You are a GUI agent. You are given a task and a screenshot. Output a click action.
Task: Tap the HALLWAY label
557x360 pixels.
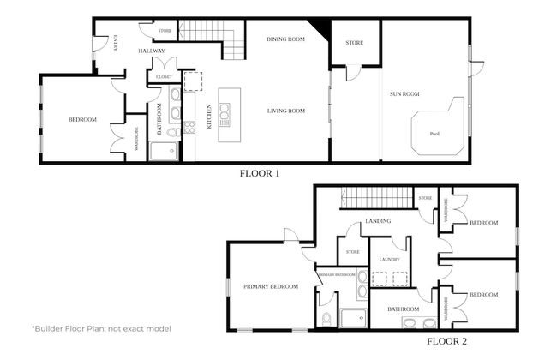(x=152, y=51)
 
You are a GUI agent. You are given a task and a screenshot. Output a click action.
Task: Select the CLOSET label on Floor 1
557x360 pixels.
(x=164, y=77)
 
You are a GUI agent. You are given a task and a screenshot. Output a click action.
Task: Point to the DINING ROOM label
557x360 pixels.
(x=286, y=39)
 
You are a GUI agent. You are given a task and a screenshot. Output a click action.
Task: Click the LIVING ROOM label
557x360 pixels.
(x=286, y=111)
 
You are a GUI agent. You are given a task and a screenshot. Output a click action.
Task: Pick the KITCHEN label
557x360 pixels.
(x=209, y=117)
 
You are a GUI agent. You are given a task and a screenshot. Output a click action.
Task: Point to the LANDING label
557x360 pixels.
(x=378, y=221)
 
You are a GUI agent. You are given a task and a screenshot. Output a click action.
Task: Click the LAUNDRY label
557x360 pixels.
(x=389, y=259)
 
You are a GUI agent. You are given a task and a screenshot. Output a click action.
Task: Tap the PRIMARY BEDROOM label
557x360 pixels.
(x=271, y=286)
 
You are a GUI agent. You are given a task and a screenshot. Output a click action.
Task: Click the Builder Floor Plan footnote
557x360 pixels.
(x=101, y=328)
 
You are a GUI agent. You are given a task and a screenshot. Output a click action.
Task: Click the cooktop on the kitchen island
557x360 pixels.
(x=225, y=115)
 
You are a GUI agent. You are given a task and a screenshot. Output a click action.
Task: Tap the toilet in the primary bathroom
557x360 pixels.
(x=327, y=317)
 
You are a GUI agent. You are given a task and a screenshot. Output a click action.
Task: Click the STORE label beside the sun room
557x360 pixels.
(x=355, y=42)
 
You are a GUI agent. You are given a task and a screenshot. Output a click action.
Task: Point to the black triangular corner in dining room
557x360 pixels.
(x=320, y=28)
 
